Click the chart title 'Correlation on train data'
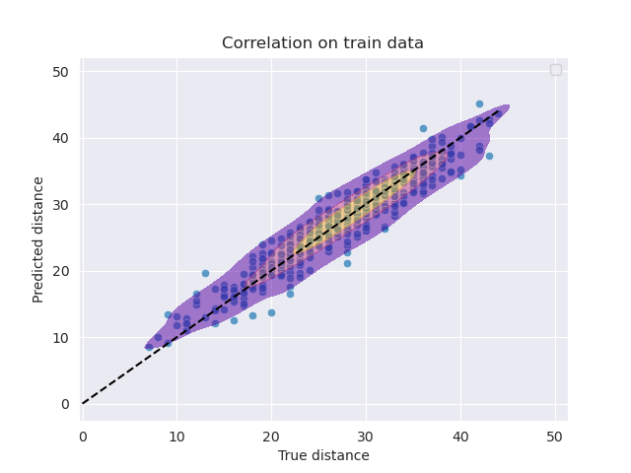point(322,43)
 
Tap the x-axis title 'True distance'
point(323,455)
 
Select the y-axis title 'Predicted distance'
point(39,238)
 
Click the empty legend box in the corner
point(556,69)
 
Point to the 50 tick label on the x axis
point(555,436)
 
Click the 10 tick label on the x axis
point(177,436)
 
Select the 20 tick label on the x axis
point(271,436)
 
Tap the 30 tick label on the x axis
point(366,436)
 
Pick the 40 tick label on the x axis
point(460,436)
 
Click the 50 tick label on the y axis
point(61,72)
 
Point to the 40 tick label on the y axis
point(61,138)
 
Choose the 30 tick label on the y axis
point(61,205)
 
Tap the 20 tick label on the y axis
point(61,271)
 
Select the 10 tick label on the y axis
point(61,338)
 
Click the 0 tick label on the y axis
point(65,404)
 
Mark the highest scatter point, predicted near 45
point(479,103)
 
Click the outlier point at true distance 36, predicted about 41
point(423,128)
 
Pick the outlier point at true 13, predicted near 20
point(205,273)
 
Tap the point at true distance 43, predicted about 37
point(489,156)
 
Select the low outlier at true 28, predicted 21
point(347,263)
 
